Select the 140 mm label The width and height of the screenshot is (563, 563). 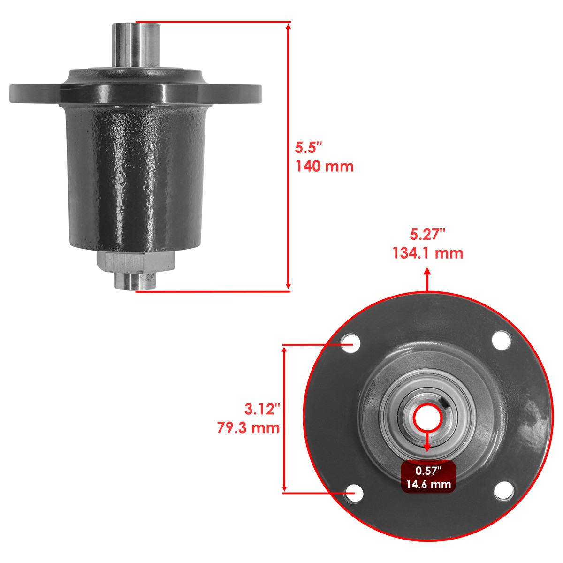pos(324,166)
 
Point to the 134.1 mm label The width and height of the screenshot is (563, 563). pos(427,253)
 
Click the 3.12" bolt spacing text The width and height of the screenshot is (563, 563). pos(262,409)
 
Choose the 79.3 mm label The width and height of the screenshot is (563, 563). pos(249,427)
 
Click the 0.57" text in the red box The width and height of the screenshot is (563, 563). pos(427,471)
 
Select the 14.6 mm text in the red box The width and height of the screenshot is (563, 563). pos(427,484)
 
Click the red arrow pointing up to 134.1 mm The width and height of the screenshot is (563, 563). pos(427,272)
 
